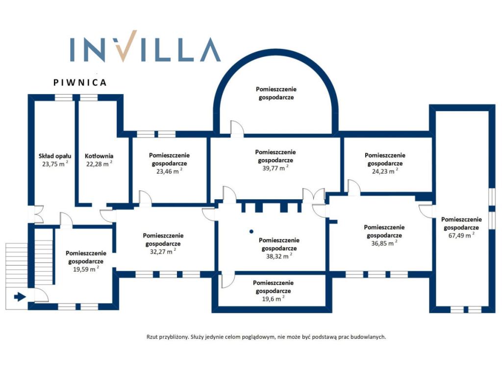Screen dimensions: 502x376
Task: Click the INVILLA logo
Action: pos(145,47)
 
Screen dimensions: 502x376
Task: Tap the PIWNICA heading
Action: pos(80,82)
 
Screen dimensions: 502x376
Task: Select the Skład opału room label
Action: pos(55,156)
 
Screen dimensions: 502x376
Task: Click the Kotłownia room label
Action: pos(99,156)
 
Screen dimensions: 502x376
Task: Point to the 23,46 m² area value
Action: pos(169,171)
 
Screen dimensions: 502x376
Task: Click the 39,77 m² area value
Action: pos(276,168)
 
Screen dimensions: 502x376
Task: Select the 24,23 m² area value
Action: pos(385,171)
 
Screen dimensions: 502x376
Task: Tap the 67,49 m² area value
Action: pos(461,235)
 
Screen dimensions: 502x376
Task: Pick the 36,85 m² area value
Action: pos(384,243)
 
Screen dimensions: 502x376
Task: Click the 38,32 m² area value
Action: pos(279,256)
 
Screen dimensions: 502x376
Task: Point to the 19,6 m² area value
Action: pos(273,299)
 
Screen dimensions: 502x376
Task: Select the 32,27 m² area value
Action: pos(163,251)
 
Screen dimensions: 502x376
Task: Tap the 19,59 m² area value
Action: pos(86,269)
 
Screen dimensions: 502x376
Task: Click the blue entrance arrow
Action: pos(20,297)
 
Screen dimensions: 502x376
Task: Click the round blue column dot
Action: pos(251,231)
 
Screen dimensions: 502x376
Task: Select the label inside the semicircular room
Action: pos(276,93)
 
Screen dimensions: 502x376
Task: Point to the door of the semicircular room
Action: pos(237,129)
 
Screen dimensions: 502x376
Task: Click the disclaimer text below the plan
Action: pos(266,337)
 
